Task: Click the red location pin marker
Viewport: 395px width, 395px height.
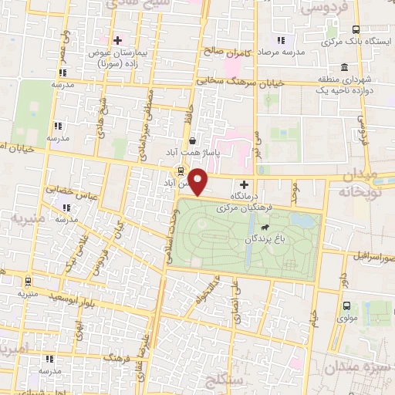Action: click(199, 183)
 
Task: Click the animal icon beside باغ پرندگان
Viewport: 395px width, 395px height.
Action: click(265, 228)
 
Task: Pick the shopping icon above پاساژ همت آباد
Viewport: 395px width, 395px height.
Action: click(191, 140)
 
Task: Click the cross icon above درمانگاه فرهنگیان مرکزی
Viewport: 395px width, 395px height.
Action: click(245, 184)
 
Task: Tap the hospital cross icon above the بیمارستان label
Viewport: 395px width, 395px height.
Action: click(117, 40)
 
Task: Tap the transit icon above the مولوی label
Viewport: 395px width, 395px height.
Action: click(346, 306)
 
